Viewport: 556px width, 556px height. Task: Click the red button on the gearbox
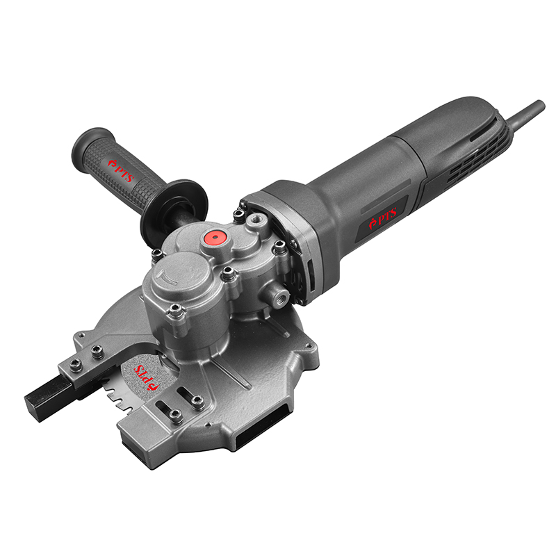[x=215, y=237]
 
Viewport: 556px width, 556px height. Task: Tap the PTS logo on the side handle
[x=120, y=170]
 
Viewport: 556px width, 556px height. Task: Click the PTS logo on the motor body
[x=383, y=218]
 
